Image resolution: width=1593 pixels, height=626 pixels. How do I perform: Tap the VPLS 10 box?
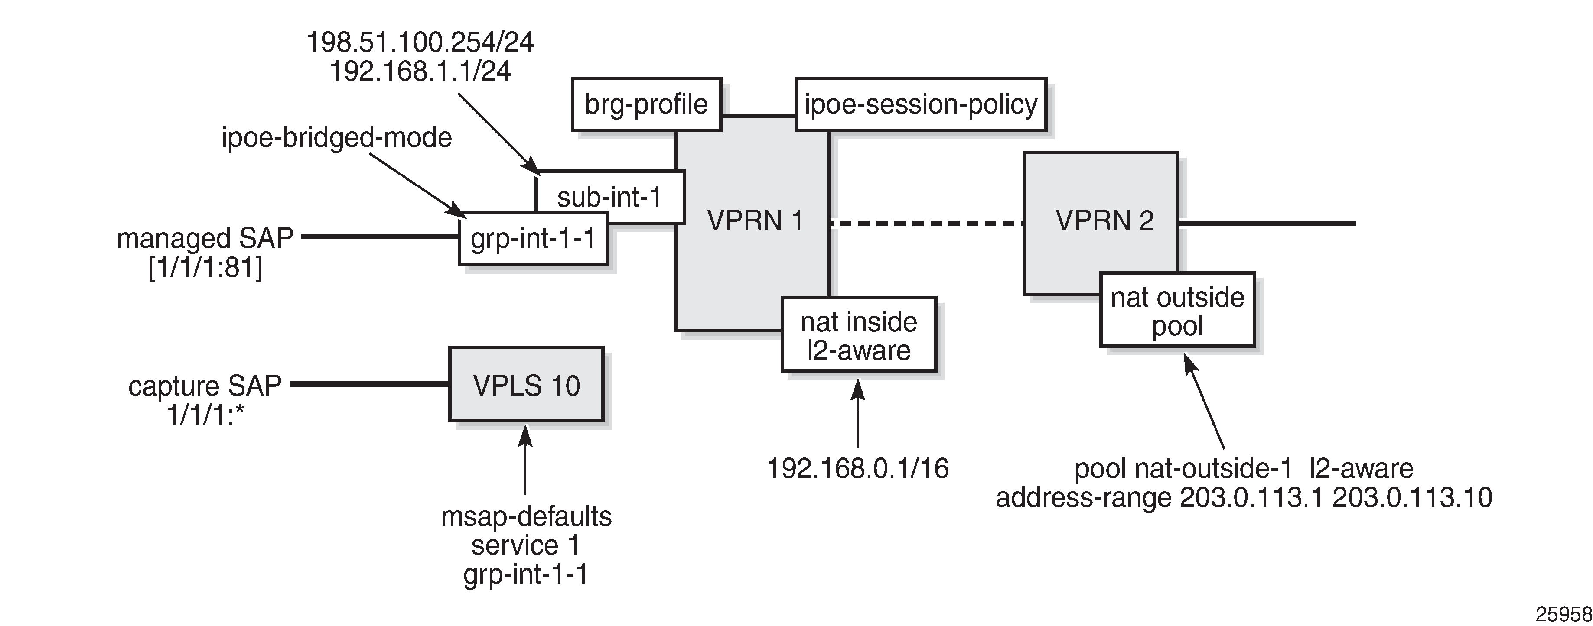pyautogui.click(x=526, y=385)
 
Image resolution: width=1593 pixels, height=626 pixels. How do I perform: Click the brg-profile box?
pyautogui.click(x=646, y=104)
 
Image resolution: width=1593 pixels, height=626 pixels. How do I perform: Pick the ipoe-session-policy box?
pyautogui.click(x=920, y=104)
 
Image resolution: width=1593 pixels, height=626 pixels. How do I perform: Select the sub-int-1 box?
pyautogui.click(x=609, y=197)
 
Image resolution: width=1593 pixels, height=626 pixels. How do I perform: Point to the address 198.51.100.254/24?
pyautogui.click(x=420, y=42)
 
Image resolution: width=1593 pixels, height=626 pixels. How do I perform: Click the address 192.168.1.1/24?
pyautogui.click(x=420, y=71)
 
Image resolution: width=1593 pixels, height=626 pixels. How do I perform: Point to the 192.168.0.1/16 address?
pyautogui.click(x=858, y=468)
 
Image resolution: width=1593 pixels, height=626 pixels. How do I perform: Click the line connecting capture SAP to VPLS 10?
pyautogui.click(x=370, y=384)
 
